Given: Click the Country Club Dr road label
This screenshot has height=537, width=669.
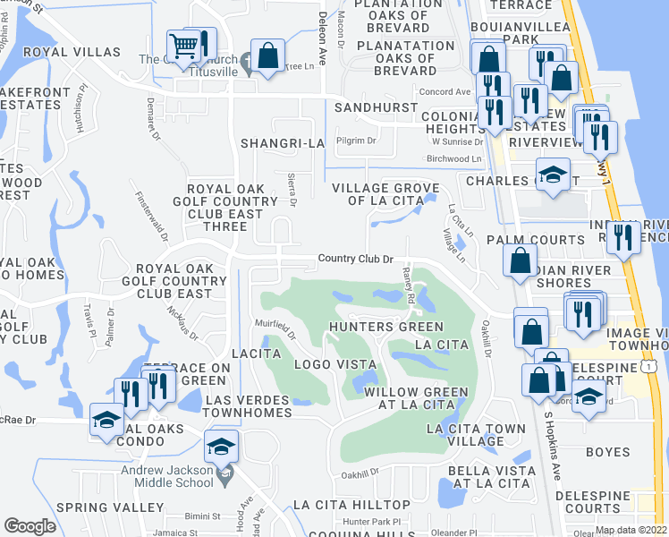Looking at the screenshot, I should tap(356, 260).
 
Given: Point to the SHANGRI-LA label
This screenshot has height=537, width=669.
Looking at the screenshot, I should tap(281, 143).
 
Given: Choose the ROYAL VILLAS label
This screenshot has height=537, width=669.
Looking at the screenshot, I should tap(59, 52).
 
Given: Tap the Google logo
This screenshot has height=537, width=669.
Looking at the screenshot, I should tap(30, 526).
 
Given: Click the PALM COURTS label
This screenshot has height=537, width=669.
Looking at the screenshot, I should tap(535, 241).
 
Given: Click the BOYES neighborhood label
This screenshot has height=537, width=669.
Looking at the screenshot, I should tap(608, 452).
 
